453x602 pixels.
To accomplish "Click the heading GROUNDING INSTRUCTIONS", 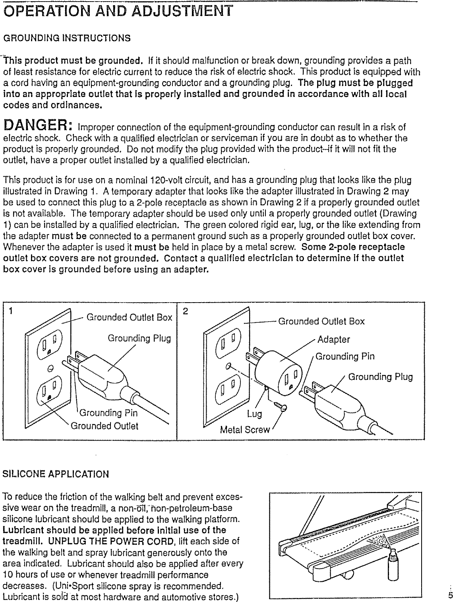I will pyautogui.click(x=67, y=38).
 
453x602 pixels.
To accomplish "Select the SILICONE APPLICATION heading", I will pyautogui.click(x=56, y=474).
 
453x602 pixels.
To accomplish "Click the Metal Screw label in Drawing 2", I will pyautogui.click(x=245, y=430).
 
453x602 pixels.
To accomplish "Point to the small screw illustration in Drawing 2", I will pyautogui.click(x=281, y=405).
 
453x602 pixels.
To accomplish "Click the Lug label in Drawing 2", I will pyautogui.click(x=254, y=414).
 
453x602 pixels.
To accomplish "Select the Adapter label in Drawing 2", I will pyautogui.click(x=333, y=340).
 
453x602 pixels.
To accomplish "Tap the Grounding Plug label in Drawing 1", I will pyautogui.click(x=139, y=338).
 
